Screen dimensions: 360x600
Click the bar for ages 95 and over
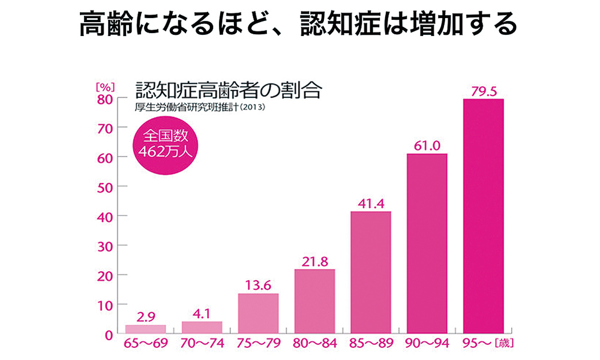point(483,216)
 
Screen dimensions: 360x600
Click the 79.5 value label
point(483,91)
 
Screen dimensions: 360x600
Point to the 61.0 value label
point(427,146)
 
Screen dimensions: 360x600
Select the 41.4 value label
point(370,204)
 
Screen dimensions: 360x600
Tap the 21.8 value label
point(314,262)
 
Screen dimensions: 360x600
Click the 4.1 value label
point(202,313)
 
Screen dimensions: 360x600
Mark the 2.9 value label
point(146,317)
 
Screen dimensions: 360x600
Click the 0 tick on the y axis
point(108,334)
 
